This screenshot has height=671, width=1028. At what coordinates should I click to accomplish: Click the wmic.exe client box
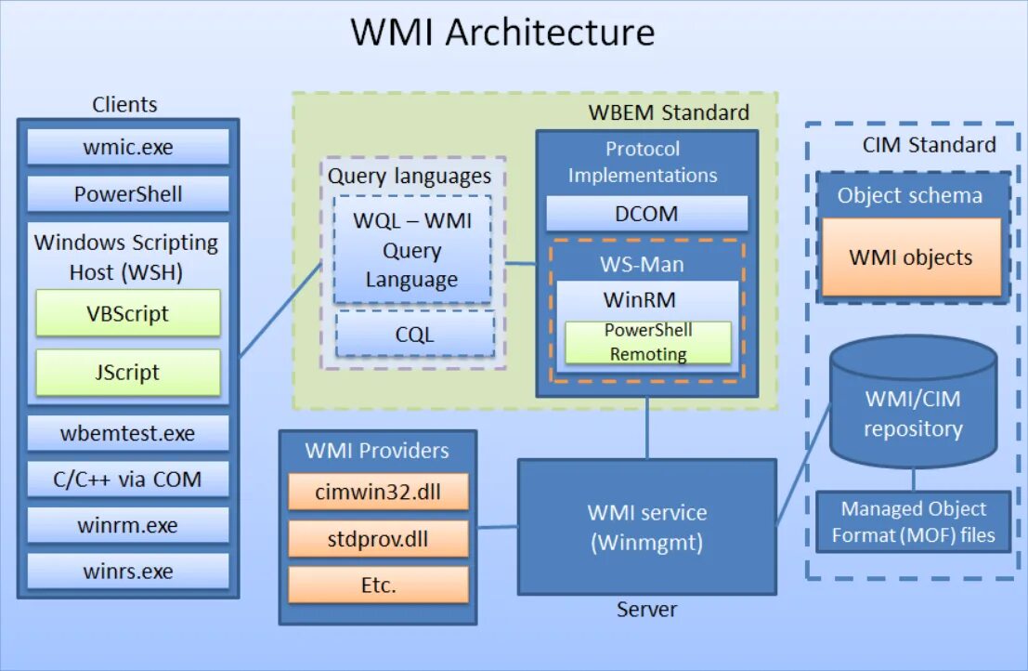(128, 147)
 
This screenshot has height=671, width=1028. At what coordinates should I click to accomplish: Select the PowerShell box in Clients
(128, 194)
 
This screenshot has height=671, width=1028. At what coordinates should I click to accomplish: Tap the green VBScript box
(128, 313)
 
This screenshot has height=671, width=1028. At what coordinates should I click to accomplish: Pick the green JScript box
(128, 373)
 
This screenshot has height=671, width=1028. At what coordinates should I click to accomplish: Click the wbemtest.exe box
(128, 433)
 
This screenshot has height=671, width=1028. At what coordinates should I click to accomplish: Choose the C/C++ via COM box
(128, 480)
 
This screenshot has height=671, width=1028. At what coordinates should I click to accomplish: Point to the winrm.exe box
(128, 525)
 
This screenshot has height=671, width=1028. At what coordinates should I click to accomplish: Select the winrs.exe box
(128, 571)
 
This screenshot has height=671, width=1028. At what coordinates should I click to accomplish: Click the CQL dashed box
(414, 334)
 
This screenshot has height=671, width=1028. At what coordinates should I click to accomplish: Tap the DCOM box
(646, 214)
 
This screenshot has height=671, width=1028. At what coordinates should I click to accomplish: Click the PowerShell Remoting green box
(647, 342)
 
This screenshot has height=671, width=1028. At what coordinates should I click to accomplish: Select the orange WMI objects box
(910, 257)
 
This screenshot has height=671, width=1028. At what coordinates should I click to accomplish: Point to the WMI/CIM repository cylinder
(913, 409)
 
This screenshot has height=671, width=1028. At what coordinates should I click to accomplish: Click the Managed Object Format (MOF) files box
(913, 521)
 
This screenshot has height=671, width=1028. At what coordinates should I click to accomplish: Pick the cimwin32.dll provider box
(378, 492)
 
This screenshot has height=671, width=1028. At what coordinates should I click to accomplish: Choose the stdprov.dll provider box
(378, 538)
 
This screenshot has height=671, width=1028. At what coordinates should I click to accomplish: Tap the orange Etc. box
(378, 585)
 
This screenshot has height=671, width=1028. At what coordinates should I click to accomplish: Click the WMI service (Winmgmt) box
(646, 526)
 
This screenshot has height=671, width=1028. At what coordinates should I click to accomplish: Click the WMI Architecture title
(502, 33)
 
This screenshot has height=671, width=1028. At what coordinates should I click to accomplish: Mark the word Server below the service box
(646, 610)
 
